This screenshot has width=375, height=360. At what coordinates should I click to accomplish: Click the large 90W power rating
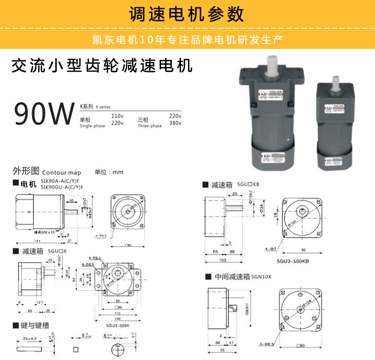point(44,113)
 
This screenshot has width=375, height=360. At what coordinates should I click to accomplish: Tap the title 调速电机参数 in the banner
point(186,14)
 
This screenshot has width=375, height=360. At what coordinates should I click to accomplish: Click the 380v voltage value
point(175,123)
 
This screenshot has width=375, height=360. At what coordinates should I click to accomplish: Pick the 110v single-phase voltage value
point(117,116)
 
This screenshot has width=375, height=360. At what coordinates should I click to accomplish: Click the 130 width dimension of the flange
point(118,317)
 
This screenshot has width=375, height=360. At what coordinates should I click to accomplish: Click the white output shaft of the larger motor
point(272,63)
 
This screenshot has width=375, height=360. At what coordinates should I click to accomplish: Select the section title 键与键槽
point(35,325)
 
